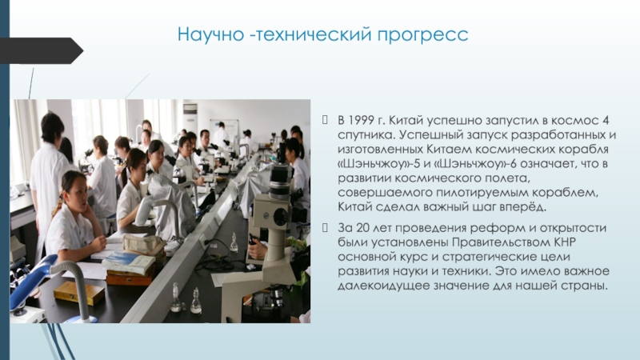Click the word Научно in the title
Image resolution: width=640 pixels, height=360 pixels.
point(210,34)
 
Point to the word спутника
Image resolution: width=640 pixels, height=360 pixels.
point(366,135)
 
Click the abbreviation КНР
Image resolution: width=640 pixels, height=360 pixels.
point(565,242)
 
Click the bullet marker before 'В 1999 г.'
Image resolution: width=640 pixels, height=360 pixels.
point(325,119)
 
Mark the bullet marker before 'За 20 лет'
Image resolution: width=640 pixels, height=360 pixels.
point(325,227)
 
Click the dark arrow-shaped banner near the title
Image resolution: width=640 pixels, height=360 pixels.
point(41,50)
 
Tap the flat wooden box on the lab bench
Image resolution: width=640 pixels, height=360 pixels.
point(79,292)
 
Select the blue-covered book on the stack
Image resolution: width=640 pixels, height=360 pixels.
point(129,262)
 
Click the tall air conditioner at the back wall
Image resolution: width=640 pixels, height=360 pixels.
point(190,118)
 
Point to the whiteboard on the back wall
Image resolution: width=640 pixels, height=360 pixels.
point(224,126)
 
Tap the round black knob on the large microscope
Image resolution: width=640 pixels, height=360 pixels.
point(281,216)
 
